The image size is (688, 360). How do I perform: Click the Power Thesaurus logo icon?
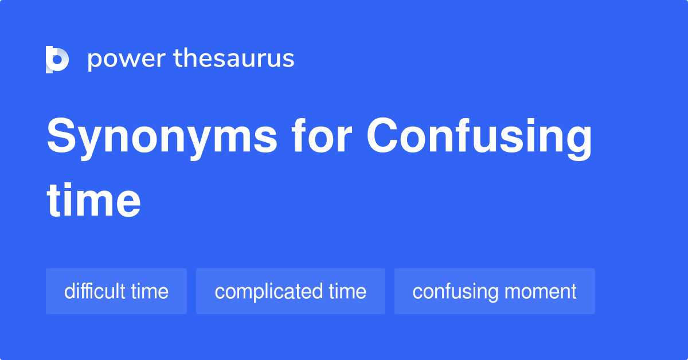pos(57,59)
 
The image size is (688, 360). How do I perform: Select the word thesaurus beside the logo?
pos(234,59)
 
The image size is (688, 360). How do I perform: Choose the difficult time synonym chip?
pos(116,291)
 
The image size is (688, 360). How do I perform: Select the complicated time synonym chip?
pos(290,291)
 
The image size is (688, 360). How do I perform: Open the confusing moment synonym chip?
pos(494,291)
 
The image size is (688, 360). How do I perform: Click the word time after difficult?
pos(150,291)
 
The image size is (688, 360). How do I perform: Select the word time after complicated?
pos(347,291)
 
